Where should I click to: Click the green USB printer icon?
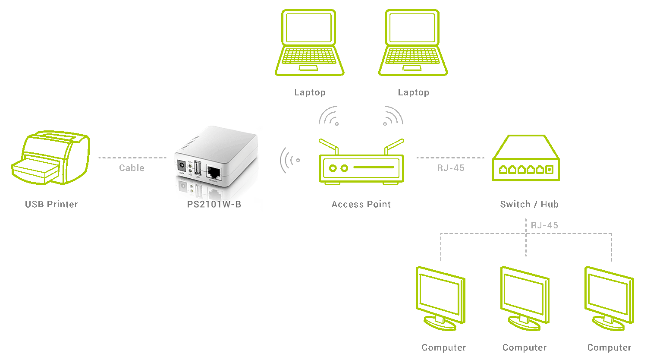coord(50,158)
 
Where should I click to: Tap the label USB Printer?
coord(51,204)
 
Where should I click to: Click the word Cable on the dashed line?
coord(132,168)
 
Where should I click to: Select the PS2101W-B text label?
coord(214,204)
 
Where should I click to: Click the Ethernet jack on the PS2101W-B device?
coord(214,172)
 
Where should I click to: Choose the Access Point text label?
coord(361,204)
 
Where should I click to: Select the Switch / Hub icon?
coord(526,158)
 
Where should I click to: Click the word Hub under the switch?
coord(550,204)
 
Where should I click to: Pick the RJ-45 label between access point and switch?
coord(451,168)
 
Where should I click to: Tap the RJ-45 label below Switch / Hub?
coord(544,225)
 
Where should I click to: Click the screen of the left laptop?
coord(309,28)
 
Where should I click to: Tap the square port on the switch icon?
coord(549,170)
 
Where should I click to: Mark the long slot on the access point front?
coord(374,167)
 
